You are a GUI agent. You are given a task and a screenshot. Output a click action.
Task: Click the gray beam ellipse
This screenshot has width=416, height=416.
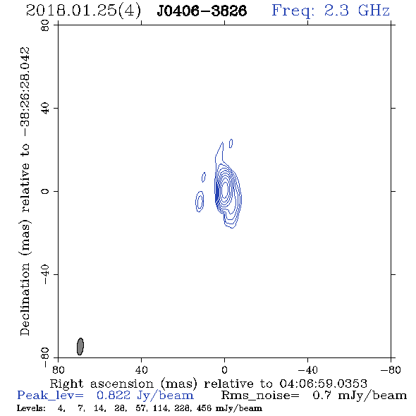click(x=80, y=346)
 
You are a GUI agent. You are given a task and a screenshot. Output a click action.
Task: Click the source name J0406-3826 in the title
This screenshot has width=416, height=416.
click(x=202, y=11)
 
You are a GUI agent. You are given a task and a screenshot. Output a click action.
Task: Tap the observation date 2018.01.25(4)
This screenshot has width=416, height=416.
click(x=83, y=11)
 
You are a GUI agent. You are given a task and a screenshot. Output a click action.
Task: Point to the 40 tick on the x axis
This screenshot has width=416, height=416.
click(x=142, y=369)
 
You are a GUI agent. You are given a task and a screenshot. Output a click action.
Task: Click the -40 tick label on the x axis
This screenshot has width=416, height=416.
click(x=307, y=369)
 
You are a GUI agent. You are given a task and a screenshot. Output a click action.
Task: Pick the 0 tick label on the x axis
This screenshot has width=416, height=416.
click(x=224, y=369)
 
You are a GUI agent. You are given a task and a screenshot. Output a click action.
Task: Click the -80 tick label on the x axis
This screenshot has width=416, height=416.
click(x=391, y=369)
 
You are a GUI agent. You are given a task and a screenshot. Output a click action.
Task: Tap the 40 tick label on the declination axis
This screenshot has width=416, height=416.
click(x=45, y=109)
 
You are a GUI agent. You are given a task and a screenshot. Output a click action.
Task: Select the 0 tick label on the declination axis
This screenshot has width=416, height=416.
click(x=45, y=191)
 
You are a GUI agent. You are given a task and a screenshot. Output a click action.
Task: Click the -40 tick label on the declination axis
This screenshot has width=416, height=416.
click(x=45, y=274)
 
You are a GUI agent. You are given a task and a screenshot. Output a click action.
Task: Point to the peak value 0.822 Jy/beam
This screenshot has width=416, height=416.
click(x=145, y=396)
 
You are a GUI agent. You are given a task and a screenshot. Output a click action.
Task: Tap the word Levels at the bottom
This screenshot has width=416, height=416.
click(x=31, y=408)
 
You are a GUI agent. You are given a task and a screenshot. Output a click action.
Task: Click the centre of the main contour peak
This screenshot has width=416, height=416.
click(x=225, y=188)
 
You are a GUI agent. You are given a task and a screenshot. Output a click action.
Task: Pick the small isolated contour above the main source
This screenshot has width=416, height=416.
click(x=231, y=143)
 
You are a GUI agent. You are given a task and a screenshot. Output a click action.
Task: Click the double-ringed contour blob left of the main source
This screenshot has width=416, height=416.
click(x=200, y=202)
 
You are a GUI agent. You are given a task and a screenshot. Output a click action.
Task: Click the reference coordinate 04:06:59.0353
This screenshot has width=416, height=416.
click(x=323, y=384)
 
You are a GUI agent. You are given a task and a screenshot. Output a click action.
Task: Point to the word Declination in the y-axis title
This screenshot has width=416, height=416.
click(x=25, y=299)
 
